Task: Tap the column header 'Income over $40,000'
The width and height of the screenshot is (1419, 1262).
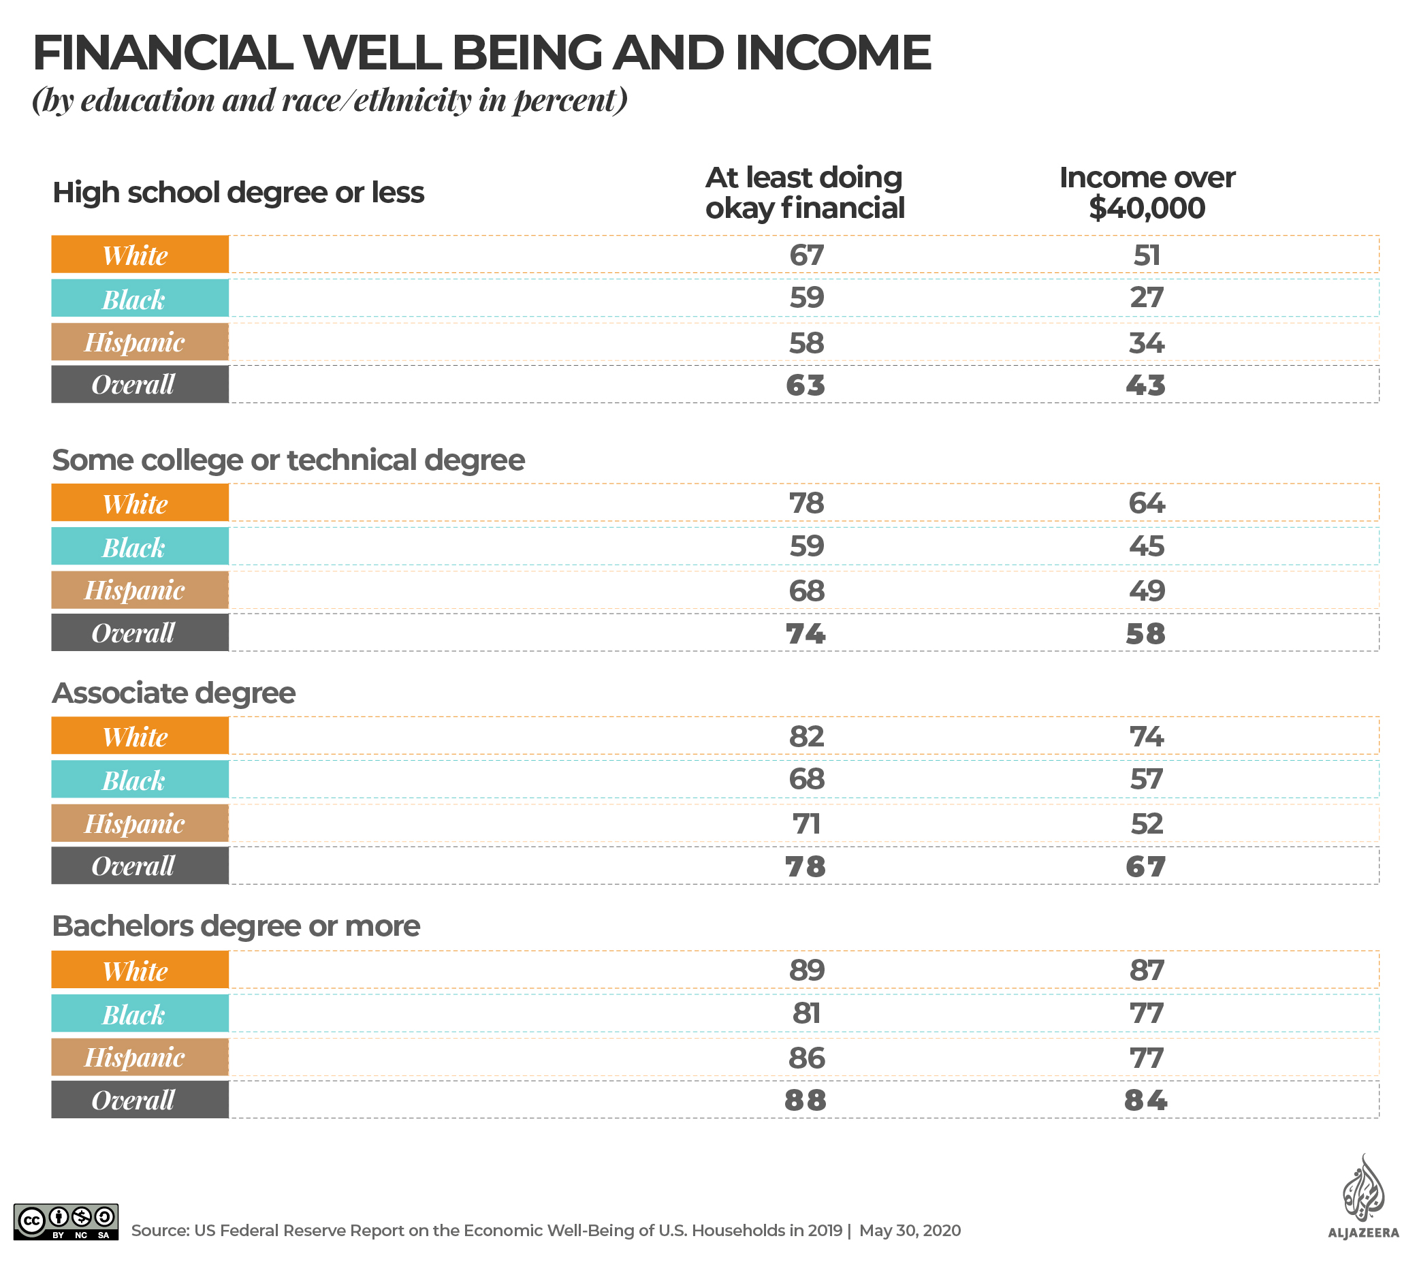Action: tap(1146, 192)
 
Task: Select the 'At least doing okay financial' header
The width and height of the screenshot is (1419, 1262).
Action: tap(805, 192)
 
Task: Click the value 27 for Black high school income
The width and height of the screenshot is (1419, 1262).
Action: tap(1146, 298)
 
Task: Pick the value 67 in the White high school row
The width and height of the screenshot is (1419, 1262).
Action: tap(806, 255)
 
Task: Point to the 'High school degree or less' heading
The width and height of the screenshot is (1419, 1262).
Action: tap(238, 192)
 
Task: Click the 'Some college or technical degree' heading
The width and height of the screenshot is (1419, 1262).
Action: tap(288, 460)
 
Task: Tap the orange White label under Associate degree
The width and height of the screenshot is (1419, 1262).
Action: tap(140, 736)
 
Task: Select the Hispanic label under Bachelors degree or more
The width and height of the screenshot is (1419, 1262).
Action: tap(140, 1057)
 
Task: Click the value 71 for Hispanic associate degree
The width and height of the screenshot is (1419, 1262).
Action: tap(806, 823)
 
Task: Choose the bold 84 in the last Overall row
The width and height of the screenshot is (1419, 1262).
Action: tap(1145, 1100)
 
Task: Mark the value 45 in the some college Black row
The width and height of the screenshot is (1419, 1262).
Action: tap(1146, 546)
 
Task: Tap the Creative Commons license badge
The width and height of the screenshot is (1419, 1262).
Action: tap(66, 1222)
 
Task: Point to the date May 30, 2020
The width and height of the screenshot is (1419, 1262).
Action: tap(910, 1231)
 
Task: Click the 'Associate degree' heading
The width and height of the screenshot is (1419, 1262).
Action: tap(174, 693)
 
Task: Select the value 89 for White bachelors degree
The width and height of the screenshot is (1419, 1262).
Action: tap(806, 971)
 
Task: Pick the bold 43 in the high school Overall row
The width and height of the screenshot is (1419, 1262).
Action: tap(1145, 385)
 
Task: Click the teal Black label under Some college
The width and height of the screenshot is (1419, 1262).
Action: tap(140, 547)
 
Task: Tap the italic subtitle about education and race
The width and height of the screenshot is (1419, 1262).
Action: tap(330, 100)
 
